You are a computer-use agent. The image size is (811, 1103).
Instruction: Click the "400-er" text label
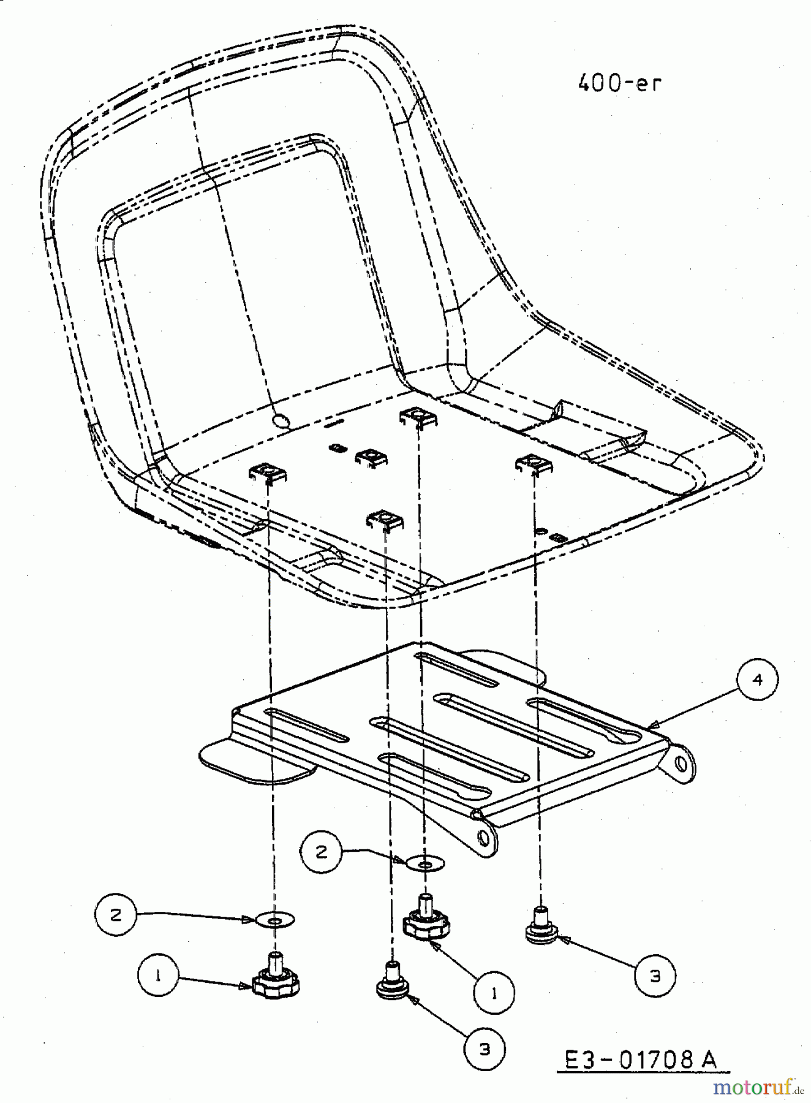[x=619, y=83]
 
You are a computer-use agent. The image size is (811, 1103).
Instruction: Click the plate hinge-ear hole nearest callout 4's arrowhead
[x=680, y=764]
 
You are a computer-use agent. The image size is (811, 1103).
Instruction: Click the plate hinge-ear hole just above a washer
[x=483, y=837]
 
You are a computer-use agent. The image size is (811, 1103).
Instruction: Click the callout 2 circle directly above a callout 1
[x=116, y=915]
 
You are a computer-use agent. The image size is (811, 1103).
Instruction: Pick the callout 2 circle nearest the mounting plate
[x=322, y=852]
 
